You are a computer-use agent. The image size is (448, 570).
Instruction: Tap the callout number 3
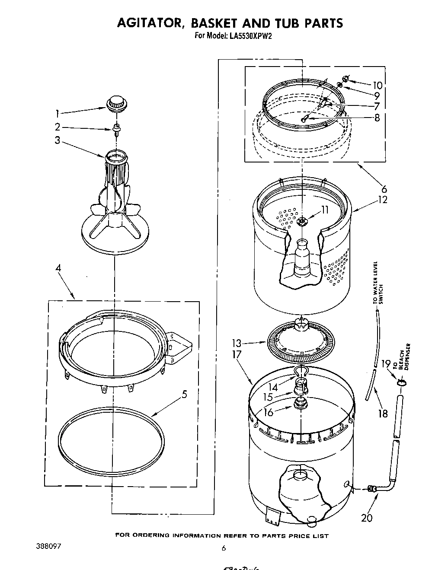coord(58,140)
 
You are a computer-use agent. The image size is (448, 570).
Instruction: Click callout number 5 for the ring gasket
coord(184,395)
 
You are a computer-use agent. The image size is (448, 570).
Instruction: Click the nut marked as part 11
coord(302,222)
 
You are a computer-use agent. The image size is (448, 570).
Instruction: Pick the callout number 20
coord(367,517)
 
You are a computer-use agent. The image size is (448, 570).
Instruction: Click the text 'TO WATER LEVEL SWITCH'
coord(378,283)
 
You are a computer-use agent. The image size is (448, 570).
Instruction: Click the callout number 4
coord(58,268)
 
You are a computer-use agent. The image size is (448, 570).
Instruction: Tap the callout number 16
coord(269,412)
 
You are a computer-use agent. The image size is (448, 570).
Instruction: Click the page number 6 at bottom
coord(224,548)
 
